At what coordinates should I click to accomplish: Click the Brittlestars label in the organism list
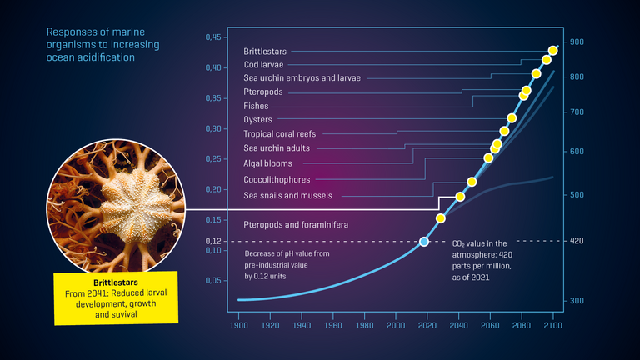(264, 52)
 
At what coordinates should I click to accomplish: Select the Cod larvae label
(262, 64)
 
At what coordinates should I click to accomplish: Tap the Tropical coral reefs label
(278, 133)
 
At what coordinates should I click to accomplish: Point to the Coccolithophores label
(277, 179)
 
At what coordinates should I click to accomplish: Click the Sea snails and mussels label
(287, 195)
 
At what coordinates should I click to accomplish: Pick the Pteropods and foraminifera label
(295, 225)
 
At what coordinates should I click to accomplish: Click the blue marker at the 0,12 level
(424, 242)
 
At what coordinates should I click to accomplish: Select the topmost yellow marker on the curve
(553, 51)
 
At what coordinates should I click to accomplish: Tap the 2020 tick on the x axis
(427, 326)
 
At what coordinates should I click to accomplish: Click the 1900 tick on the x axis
(239, 326)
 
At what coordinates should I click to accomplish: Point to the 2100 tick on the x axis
(553, 326)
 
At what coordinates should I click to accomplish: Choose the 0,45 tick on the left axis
(213, 37)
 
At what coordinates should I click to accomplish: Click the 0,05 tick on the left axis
(213, 281)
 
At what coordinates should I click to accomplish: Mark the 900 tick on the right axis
(577, 42)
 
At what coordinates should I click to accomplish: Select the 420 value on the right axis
(577, 241)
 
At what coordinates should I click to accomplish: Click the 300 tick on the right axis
(577, 300)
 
